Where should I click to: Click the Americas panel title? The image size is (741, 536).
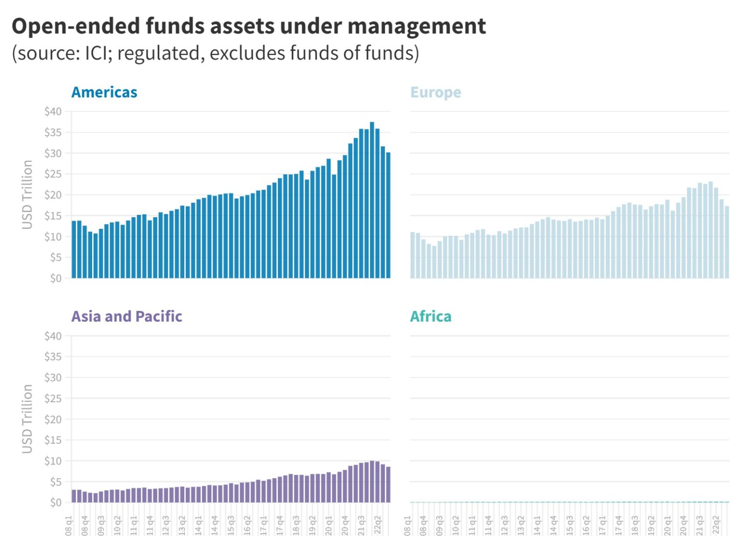(x=104, y=92)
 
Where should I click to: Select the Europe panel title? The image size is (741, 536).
(x=436, y=92)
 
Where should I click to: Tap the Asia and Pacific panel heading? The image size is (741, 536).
(x=127, y=316)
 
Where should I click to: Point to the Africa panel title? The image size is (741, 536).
(x=431, y=316)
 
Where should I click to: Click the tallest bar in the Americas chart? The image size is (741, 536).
(x=372, y=200)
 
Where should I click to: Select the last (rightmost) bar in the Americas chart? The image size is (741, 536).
(x=388, y=215)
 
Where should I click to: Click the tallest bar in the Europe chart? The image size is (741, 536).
(x=711, y=230)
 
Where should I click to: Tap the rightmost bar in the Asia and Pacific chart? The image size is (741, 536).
(x=388, y=484)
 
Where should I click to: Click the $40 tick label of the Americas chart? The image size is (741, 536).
(x=53, y=112)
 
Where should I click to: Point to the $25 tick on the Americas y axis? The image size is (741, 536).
(x=53, y=174)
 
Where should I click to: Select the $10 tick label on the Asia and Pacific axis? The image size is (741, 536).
(x=53, y=461)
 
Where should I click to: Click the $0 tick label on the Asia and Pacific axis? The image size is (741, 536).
(x=56, y=502)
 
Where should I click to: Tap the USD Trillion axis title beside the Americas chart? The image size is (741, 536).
(x=27, y=195)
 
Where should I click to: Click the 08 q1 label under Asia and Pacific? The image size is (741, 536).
(x=69, y=525)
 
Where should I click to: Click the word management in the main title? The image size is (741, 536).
(x=416, y=26)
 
